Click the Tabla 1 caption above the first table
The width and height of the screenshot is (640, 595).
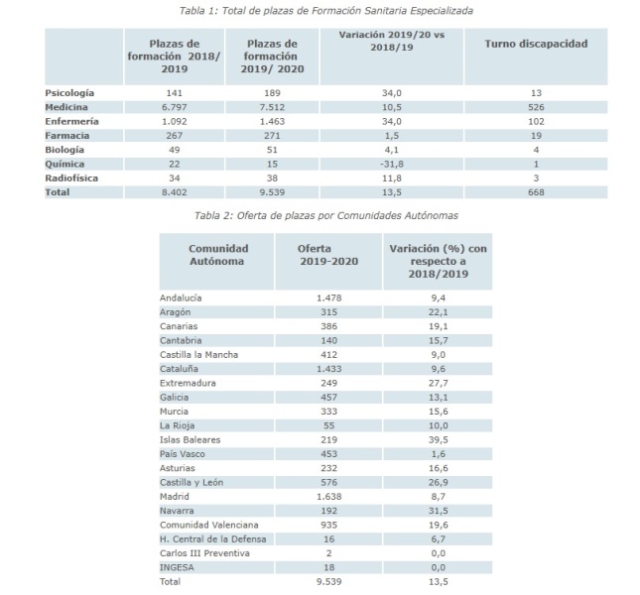click(325, 11)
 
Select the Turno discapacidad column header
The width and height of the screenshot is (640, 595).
click(536, 44)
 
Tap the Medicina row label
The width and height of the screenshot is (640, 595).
click(66, 107)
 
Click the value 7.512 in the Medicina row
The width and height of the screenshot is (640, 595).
click(272, 107)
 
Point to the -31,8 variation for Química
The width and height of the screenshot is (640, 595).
click(391, 164)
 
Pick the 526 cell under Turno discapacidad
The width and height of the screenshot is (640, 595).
click(536, 107)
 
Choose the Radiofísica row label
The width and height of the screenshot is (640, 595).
click(71, 178)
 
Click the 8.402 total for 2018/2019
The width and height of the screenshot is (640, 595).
click(175, 192)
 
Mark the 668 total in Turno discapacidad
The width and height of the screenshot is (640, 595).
click(536, 192)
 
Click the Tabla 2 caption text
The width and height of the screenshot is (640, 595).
click(325, 215)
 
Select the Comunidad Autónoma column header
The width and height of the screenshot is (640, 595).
click(217, 255)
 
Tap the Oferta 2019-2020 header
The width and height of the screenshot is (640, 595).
click(328, 255)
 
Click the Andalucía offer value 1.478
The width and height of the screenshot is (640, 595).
click(328, 298)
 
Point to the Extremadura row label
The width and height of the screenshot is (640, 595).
click(188, 384)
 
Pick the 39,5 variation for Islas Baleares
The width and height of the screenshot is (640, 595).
click(438, 440)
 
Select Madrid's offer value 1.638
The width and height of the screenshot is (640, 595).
click(328, 497)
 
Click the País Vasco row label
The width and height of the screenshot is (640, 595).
click(182, 454)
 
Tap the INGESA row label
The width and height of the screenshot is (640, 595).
click(177, 567)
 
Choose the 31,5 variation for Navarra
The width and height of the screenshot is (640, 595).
click(438, 511)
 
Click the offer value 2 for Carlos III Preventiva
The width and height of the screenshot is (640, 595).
click(328, 553)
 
